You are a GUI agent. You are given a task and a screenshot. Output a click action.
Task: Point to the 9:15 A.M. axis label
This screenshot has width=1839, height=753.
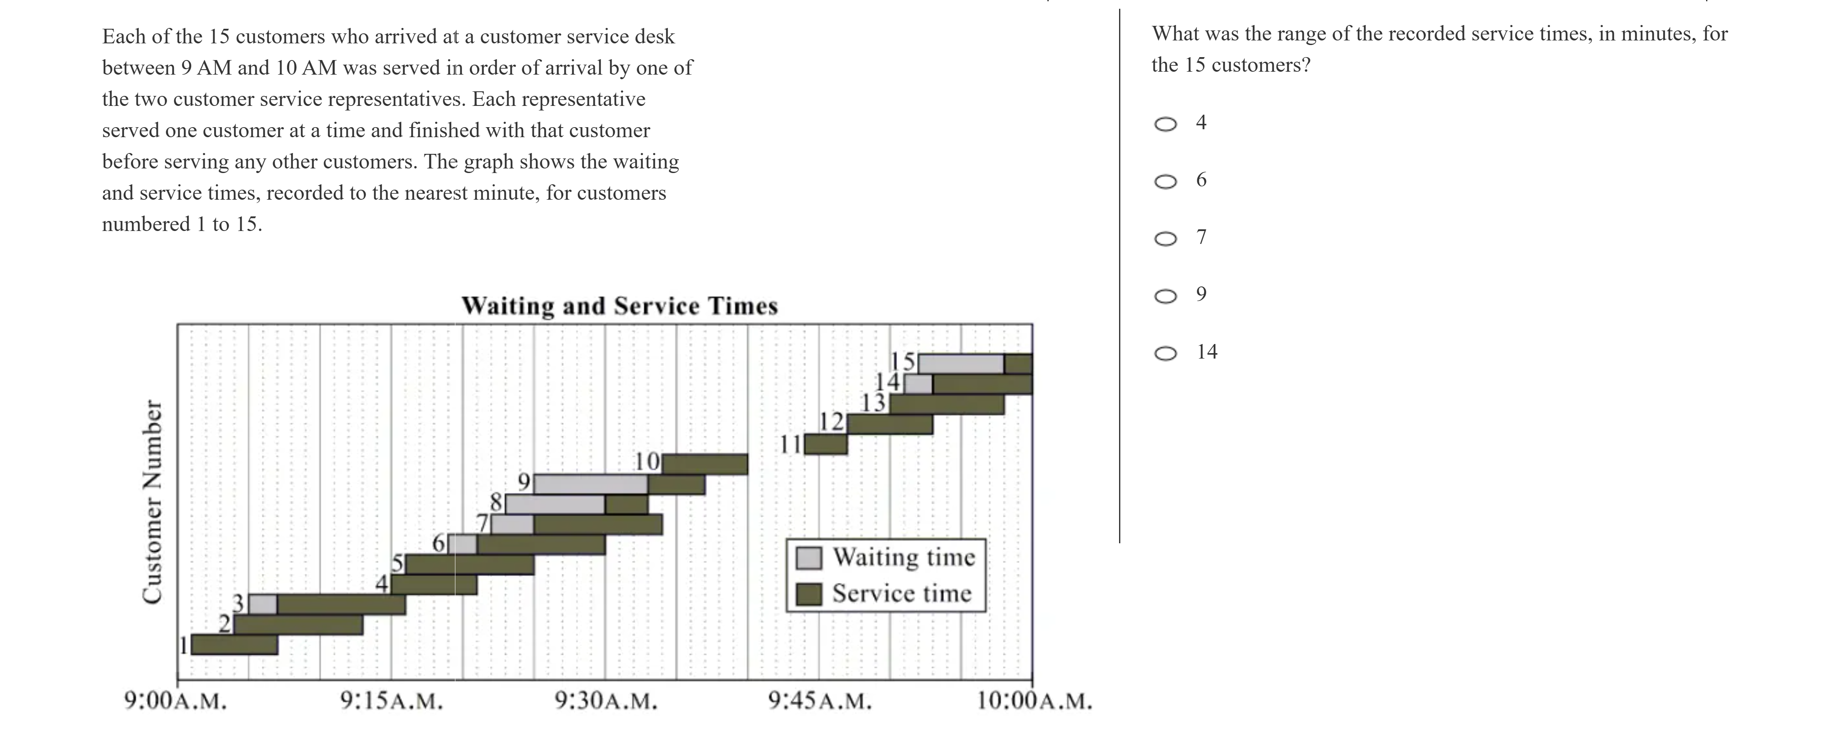pyautogui.click(x=391, y=701)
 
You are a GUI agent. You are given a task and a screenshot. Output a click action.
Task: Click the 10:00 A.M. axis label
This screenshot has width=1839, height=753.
pyautogui.click(x=1034, y=701)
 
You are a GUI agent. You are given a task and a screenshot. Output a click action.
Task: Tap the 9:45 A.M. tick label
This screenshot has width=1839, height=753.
pyautogui.click(x=820, y=701)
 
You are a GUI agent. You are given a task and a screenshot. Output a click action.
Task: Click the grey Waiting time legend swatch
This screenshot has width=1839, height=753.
pyautogui.click(x=809, y=558)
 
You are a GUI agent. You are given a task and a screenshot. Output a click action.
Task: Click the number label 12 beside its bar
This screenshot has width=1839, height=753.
pyautogui.click(x=831, y=422)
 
